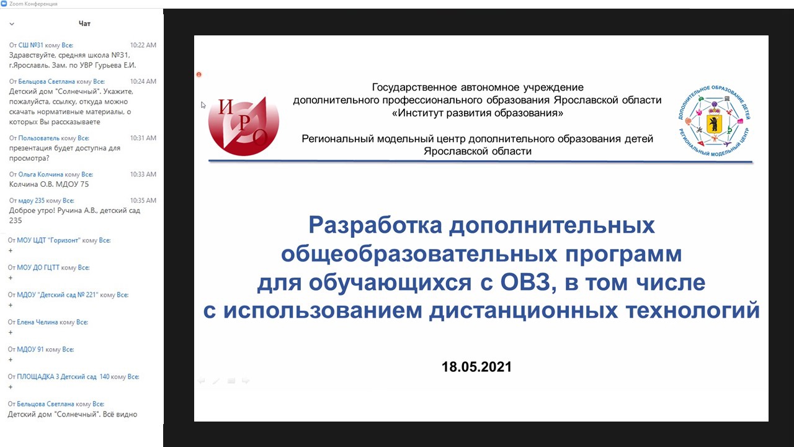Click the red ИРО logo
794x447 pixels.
pyautogui.click(x=244, y=126)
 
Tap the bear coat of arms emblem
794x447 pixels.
pyautogui.click(x=714, y=124)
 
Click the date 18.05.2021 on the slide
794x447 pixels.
pyautogui.click(x=476, y=367)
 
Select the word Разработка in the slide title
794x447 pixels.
pyautogui.click(x=375, y=225)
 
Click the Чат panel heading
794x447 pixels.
pyautogui.click(x=84, y=24)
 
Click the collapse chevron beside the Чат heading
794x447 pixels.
pyautogui.click(x=12, y=24)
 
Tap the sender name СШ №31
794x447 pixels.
pyautogui.click(x=30, y=45)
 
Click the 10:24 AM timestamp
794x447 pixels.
pyautogui.click(x=143, y=81)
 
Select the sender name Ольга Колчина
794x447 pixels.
pyautogui.click(x=40, y=174)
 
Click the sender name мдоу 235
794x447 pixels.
pyautogui.click(x=31, y=201)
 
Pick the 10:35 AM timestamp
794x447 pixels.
pyautogui.click(x=143, y=201)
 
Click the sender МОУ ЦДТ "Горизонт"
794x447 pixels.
pyautogui.click(x=48, y=240)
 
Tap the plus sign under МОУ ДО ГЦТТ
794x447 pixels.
pyautogui.click(x=11, y=278)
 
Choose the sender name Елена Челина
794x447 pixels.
pyautogui.click(x=37, y=322)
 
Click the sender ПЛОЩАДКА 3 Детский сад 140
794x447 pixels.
pyautogui.click(x=63, y=377)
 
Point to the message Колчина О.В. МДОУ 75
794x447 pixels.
pyautogui.click(x=49, y=184)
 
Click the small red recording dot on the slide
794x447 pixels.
pyautogui.click(x=199, y=74)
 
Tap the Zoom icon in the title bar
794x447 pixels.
pyautogui.click(x=4, y=4)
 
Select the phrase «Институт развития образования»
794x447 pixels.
pyautogui.click(x=478, y=113)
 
